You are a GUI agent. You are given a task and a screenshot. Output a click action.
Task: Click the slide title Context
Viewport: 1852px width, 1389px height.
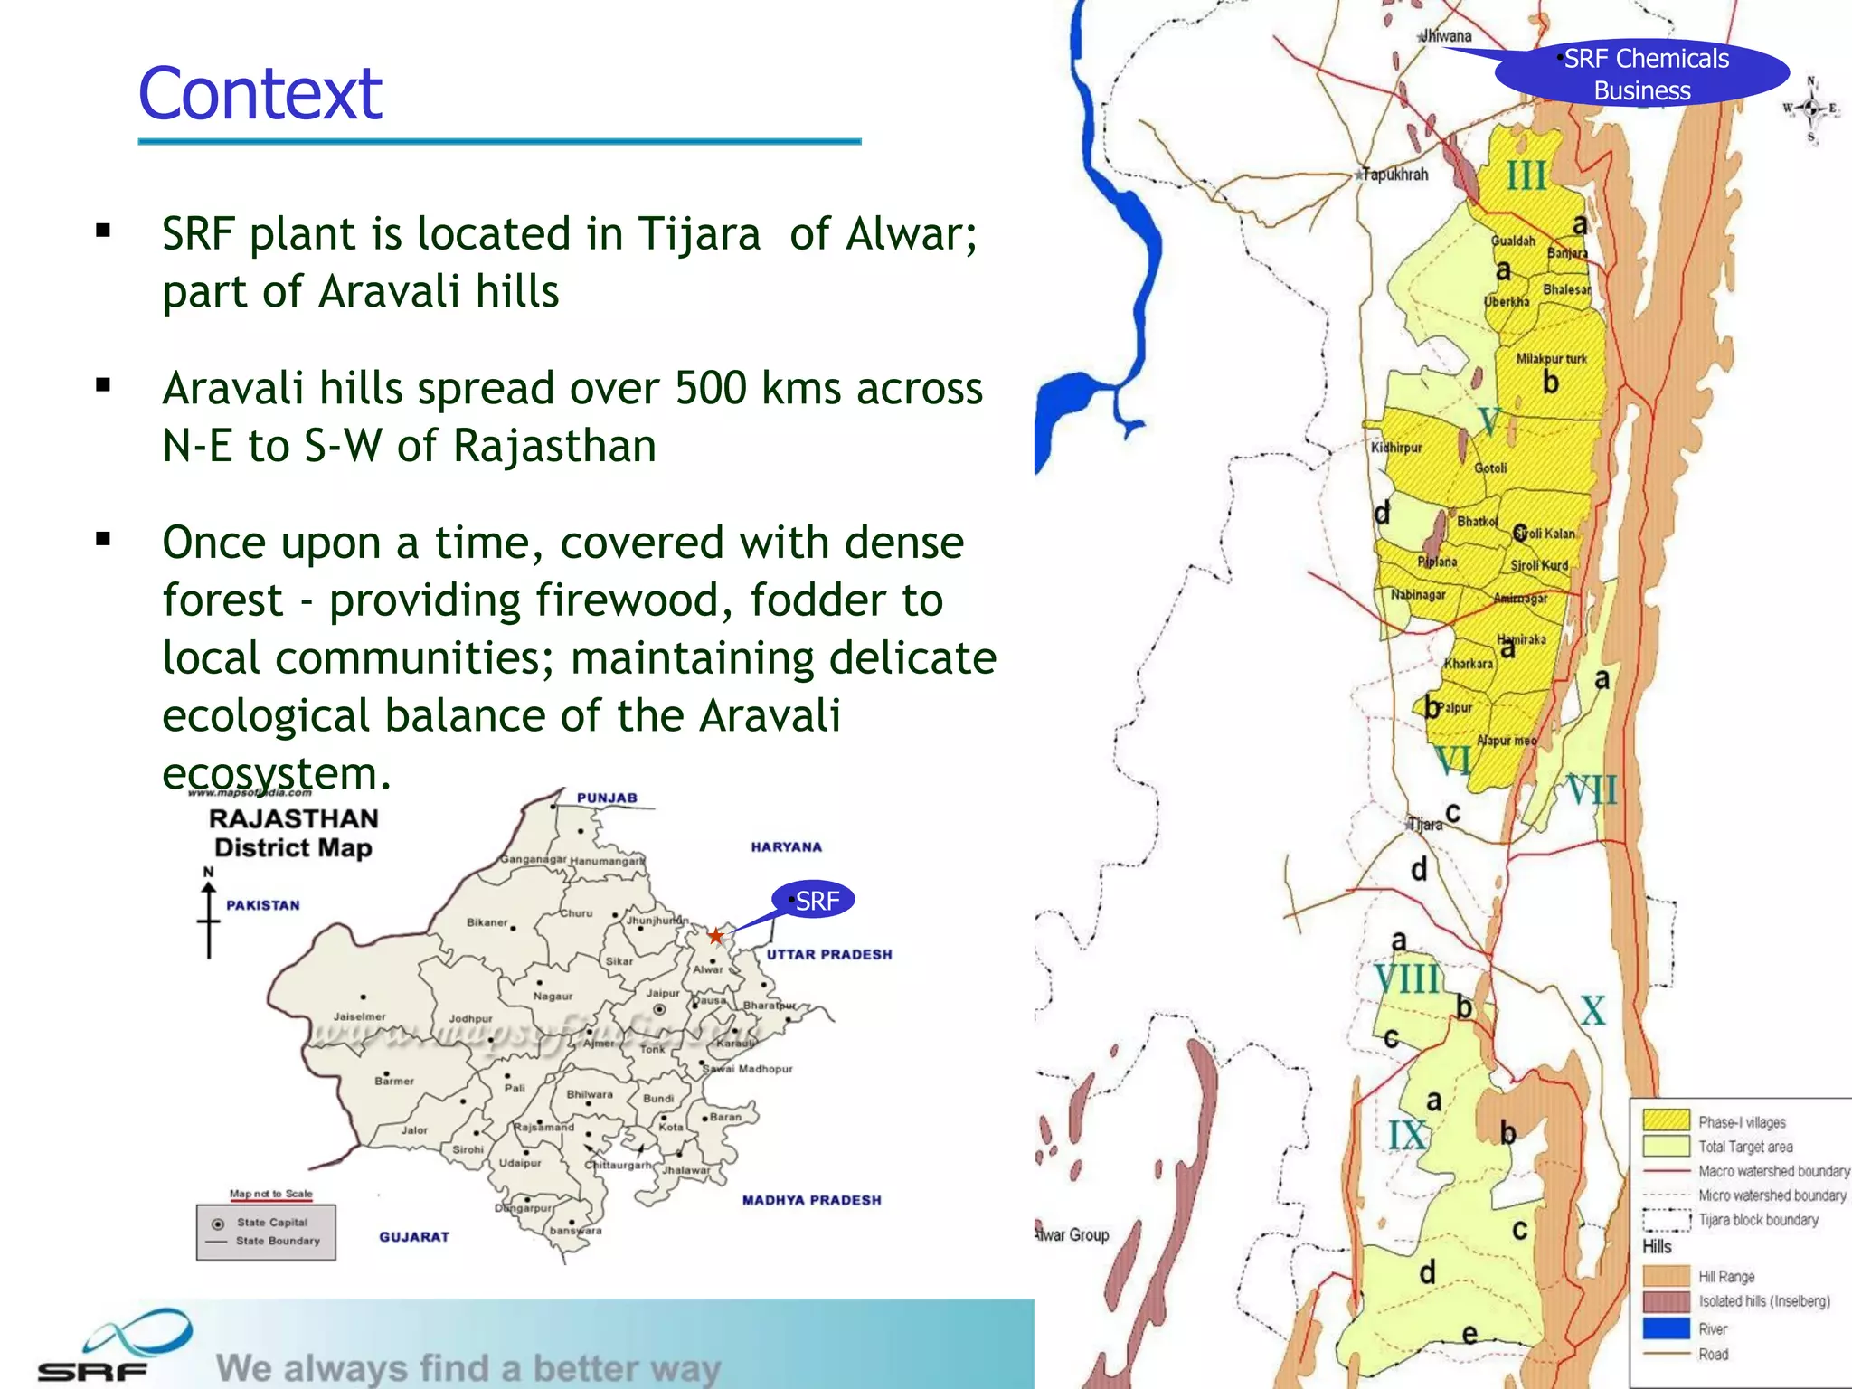(x=260, y=94)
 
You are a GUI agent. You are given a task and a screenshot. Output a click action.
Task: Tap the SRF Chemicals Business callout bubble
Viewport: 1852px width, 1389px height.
(x=1642, y=73)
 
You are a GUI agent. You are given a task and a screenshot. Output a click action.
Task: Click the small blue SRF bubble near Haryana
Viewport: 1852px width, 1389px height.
(x=814, y=901)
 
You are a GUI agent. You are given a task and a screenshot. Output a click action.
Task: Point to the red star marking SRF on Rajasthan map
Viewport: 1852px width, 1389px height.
(x=715, y=936)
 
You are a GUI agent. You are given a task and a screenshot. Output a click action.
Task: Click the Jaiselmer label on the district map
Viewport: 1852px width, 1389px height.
(x=359, y=1016)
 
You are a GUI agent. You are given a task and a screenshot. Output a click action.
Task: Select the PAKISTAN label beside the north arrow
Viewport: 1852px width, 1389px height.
(x=262, y=905)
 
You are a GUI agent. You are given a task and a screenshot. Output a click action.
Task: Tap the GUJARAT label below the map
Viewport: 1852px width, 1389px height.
(x=414, y=1236)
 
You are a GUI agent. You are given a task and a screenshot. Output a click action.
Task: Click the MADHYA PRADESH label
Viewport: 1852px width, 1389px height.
(x=811, y=1200)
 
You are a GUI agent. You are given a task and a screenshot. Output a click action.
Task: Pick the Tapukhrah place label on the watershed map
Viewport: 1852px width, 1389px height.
(x=1395, y=175)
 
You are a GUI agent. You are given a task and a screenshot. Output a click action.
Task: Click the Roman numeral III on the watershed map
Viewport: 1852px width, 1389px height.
(x=1526, y=175)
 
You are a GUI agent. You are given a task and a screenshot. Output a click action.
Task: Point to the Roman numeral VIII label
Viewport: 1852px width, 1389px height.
(x=1407, y=979)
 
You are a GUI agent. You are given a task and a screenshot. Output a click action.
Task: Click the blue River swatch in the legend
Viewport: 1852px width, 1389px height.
(x=1666, y=1328)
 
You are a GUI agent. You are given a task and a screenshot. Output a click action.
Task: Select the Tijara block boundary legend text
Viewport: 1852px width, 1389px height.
(x=1757, y=1220)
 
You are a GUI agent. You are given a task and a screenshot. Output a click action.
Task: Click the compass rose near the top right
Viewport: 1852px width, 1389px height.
(x=1811, y=109)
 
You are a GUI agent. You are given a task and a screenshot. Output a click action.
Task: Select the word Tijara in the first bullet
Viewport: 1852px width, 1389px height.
(x=699, y=234)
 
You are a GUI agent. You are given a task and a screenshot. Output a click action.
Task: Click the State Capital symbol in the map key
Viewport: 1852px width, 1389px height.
(x=218, y=1224)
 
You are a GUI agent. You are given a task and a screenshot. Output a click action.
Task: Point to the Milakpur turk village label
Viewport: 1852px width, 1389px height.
(x=1551, y=359)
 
